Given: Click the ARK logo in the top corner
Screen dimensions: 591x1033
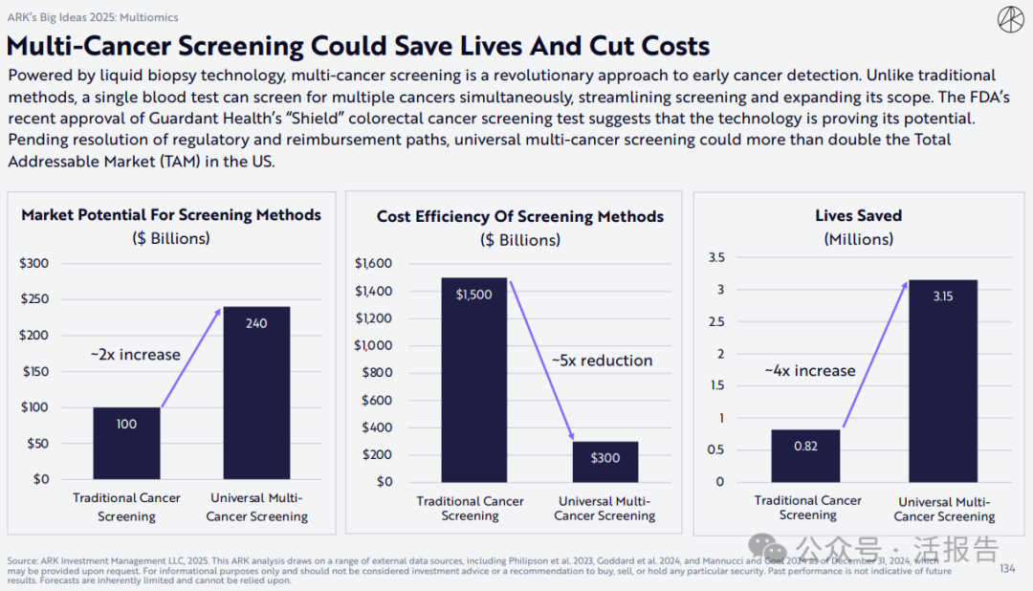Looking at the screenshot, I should coord(1010,20).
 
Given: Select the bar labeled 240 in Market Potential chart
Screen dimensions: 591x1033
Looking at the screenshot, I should coord(256,392).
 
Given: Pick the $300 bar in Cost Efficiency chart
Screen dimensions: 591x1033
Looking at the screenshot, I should coord(604,461).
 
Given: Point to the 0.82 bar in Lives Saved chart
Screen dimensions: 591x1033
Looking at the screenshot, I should coord(805,455).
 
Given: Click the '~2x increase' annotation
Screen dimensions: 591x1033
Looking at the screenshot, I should coord(136,355).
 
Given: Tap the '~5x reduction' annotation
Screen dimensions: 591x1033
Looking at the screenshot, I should coord(602,361).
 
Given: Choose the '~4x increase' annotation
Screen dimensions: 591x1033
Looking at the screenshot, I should coord(809,370).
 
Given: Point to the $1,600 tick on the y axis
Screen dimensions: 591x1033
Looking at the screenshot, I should coord(373,264).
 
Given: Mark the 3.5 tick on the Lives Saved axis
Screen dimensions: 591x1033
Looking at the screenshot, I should coord(715,257).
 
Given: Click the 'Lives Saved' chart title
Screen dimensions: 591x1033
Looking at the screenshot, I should coord(858,215).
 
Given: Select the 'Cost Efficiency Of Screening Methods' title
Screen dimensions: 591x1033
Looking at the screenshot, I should coord(519,216).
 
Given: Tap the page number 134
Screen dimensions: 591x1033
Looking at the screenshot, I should coord(1007,569).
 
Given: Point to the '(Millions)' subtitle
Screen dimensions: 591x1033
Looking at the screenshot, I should coord(858,239).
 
